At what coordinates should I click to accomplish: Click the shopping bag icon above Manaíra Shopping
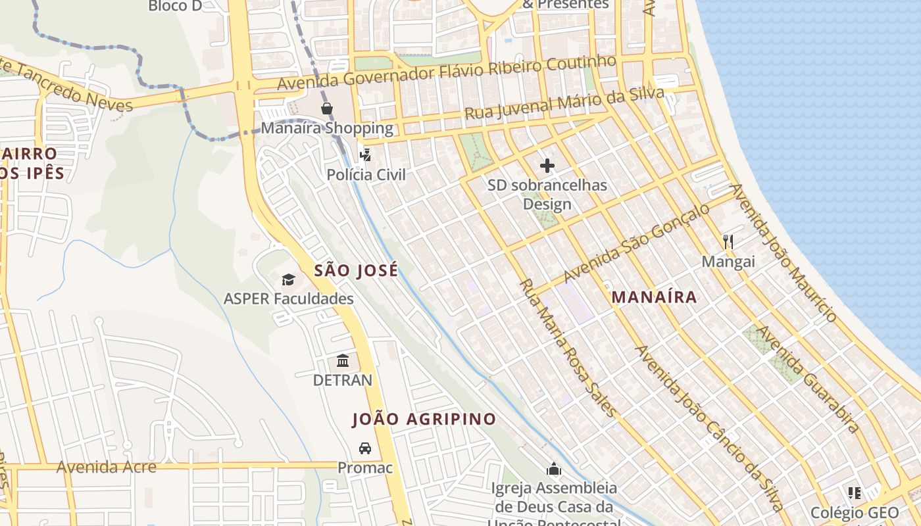click(x=326, y=108)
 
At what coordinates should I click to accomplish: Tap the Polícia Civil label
click(x=366, y=175)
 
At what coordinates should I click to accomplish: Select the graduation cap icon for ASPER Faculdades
click(x=288, y=280)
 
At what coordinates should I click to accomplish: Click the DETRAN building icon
click(x=343, y=361)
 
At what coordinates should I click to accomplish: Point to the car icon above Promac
click(x=364, y=448)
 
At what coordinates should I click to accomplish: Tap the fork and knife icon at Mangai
click(x=728, y=242)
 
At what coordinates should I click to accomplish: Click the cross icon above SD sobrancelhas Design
click(x=547, y=166)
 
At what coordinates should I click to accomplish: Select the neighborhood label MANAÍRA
click(x=654, y=297)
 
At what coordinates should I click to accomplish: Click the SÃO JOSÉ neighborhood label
click(x=356, y=270)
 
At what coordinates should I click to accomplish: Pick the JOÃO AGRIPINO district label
click(x=424, y=419)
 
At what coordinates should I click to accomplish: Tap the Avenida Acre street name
click(x=107, y=467)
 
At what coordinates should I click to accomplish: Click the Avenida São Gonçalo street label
click(x=636, y=243)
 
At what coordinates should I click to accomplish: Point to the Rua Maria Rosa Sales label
click(x=568, y=348)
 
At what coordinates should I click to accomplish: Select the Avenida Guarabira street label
click(x=808, y=379)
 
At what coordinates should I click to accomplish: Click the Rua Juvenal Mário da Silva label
click(x=564, y=104)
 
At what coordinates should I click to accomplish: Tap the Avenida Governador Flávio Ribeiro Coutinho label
click(x=447, y=73)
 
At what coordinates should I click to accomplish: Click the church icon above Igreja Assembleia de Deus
click(x=554, y=469)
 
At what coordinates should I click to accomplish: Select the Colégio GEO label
click(x=854, y=513)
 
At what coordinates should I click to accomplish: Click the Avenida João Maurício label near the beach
click(x=784, y=252)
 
